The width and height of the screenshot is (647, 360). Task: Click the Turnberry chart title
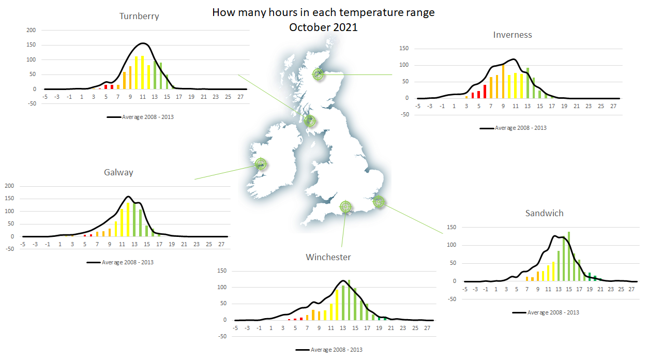(139, 16)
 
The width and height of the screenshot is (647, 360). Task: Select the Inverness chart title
(513, 35)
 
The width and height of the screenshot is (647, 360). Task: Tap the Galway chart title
(118, 172)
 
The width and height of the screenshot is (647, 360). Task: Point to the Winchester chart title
(328, 257)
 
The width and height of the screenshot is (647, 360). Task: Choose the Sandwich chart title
(544, 213)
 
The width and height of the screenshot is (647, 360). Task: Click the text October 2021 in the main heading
(323, 27)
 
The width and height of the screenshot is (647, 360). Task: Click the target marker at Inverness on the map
(318, 74)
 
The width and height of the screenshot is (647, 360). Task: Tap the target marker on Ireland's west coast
(261, 164)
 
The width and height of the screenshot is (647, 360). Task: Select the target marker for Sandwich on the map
(379, 202)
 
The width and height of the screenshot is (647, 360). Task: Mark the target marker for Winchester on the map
(346, 207)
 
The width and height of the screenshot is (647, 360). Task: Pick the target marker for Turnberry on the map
(309, 121)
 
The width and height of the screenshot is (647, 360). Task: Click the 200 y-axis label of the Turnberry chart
(31, 30)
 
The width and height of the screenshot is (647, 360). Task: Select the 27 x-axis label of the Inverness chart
(613, 106)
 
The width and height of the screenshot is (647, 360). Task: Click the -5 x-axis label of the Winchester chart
(235, 327)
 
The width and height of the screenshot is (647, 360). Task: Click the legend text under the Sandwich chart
(554, 312)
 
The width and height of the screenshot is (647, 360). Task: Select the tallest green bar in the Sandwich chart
(569, 256)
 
